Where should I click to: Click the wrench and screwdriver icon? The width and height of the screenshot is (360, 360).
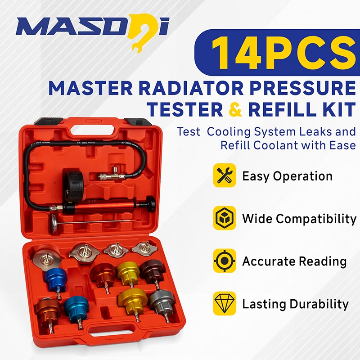[x=224, y=175]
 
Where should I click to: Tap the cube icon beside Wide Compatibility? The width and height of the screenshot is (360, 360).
[x=224, y=218]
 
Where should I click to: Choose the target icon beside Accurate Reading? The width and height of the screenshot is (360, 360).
[x=224, y=261]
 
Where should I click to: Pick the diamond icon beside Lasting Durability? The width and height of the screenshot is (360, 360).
[x=224, y=303]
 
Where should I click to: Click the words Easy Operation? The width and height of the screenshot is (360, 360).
[x=287, y=176]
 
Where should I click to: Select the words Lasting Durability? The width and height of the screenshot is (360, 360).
[x=295, y=304]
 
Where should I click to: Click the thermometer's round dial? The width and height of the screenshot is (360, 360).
[x=54, y=221]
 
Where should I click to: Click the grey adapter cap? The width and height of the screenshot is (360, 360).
[x=161, y=301]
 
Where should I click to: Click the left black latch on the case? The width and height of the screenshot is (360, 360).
[x=49, y=121]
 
